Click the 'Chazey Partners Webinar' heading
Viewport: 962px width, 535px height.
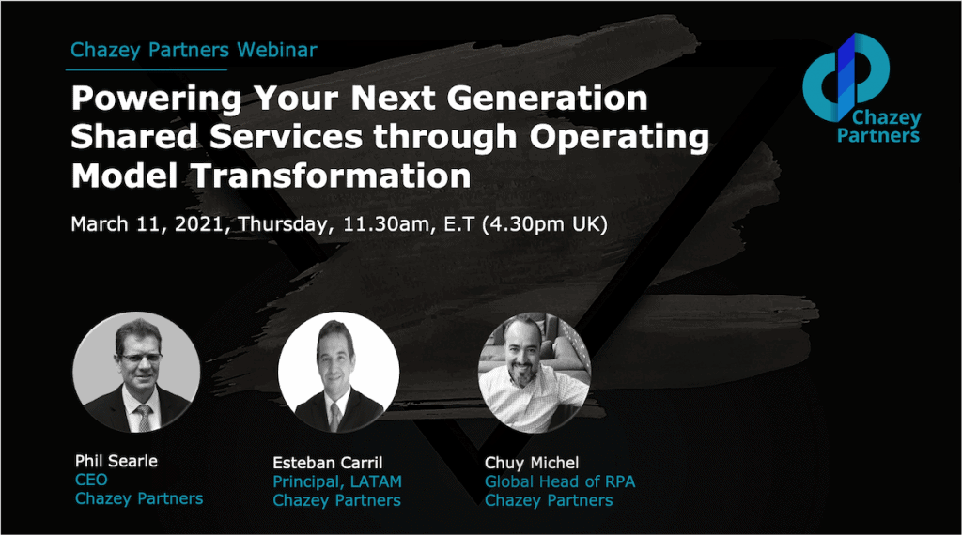click(194, 50)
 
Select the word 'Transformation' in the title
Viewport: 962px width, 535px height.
click(332, 176)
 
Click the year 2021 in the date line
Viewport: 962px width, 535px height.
click(199, 224)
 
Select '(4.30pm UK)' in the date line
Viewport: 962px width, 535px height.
click(544, 225)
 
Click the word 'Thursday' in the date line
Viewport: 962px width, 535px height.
click(285, 225)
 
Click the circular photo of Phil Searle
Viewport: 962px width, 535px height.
click(136, 373)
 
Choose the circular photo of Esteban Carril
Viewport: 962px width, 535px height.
click(338, 373)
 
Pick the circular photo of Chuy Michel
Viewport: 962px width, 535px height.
click(534, 374)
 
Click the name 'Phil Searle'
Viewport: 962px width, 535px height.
click(116, 461)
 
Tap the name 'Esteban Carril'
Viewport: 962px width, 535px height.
click(328, 463)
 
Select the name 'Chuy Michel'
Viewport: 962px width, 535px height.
click(532, 463)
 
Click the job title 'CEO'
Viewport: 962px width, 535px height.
click(91, 480)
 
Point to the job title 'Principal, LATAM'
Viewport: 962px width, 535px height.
click(337, 482)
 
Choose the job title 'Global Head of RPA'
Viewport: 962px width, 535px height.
click(560, 481)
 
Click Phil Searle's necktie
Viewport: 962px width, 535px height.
click(144, 418)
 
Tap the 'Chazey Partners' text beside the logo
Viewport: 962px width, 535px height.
click(878, 127)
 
